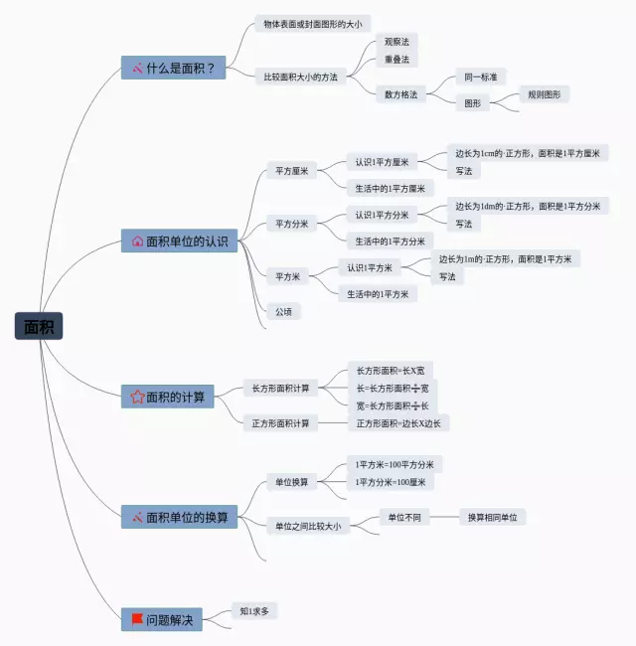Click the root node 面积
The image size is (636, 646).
click(x=39, y=326)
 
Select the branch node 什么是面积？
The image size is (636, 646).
click(x=174, y=69)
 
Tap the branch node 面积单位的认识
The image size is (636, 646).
click(x=180, y=241)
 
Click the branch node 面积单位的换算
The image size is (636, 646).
click(x=180, y=517)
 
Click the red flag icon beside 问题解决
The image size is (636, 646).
click(x=137, y=619)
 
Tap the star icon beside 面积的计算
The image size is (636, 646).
click(x=137, y=397)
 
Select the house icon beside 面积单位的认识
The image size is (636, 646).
click(x=137, y=241)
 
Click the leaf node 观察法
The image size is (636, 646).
click(x=396, y=42)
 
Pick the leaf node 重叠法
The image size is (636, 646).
click(x=396, y=60)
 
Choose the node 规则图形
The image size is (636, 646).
click(x=544, y=94)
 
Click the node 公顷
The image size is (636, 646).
click(x=284, y=311)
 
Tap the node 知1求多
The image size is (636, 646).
click(x=254, y=611)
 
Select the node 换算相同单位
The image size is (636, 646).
click(x=492, y=517)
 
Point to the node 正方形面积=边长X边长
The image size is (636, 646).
click(x=397, y=423)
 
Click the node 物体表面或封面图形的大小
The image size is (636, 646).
click(x=312, y=23)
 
